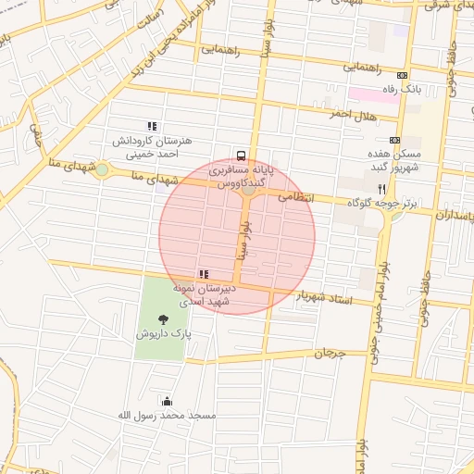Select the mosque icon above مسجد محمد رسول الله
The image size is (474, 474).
(x=167, y=401)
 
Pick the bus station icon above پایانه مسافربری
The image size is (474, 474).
(x=242, y=156)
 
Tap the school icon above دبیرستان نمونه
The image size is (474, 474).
(x=204, y=273)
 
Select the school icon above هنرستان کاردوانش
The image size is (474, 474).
(x=152, y=126)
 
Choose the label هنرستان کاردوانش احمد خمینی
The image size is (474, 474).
(x=152, y=147)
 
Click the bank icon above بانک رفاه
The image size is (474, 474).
(x=402, y=76)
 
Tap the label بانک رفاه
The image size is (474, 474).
(x=403, y=90)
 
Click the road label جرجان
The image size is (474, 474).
(x=328, y=354)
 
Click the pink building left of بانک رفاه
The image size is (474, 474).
(x=364, y=94)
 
